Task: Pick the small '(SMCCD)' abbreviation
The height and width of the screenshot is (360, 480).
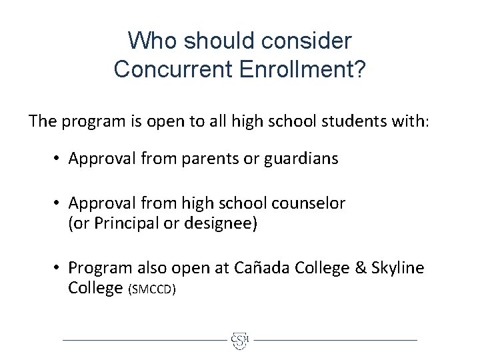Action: tap(153, 289)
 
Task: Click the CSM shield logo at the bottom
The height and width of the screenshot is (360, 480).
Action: tap(240, 339)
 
